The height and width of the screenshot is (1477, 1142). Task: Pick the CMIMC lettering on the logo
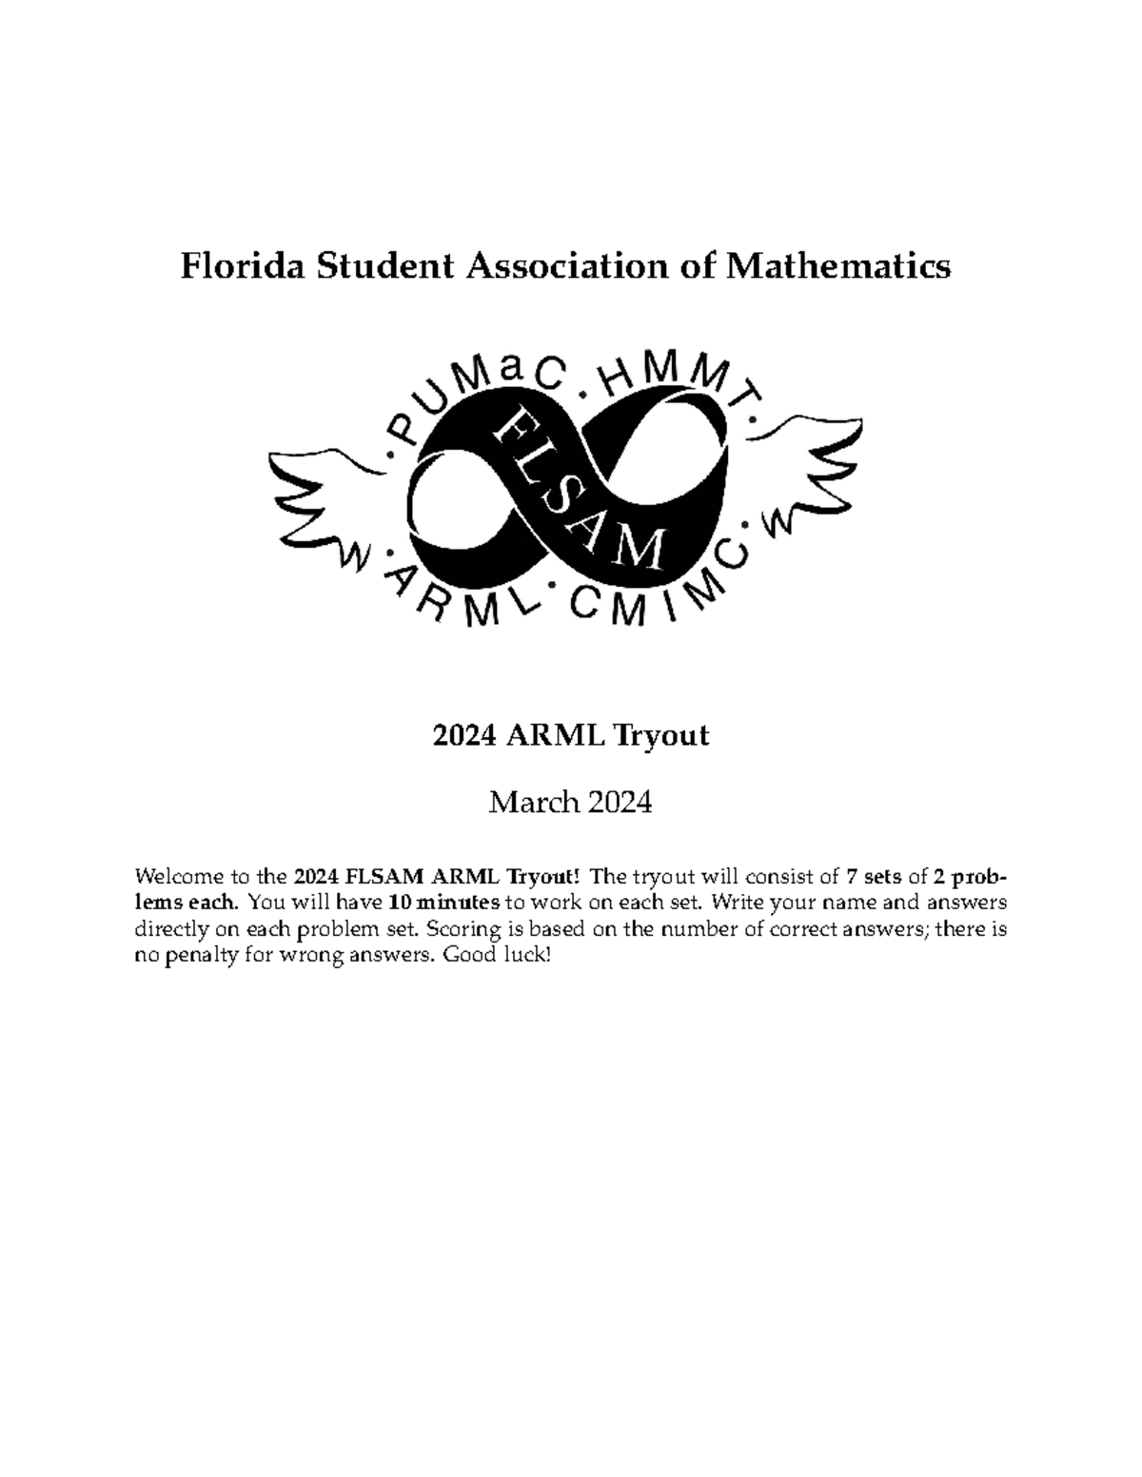coord(657,594)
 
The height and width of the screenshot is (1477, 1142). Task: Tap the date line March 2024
coord(570,803)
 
